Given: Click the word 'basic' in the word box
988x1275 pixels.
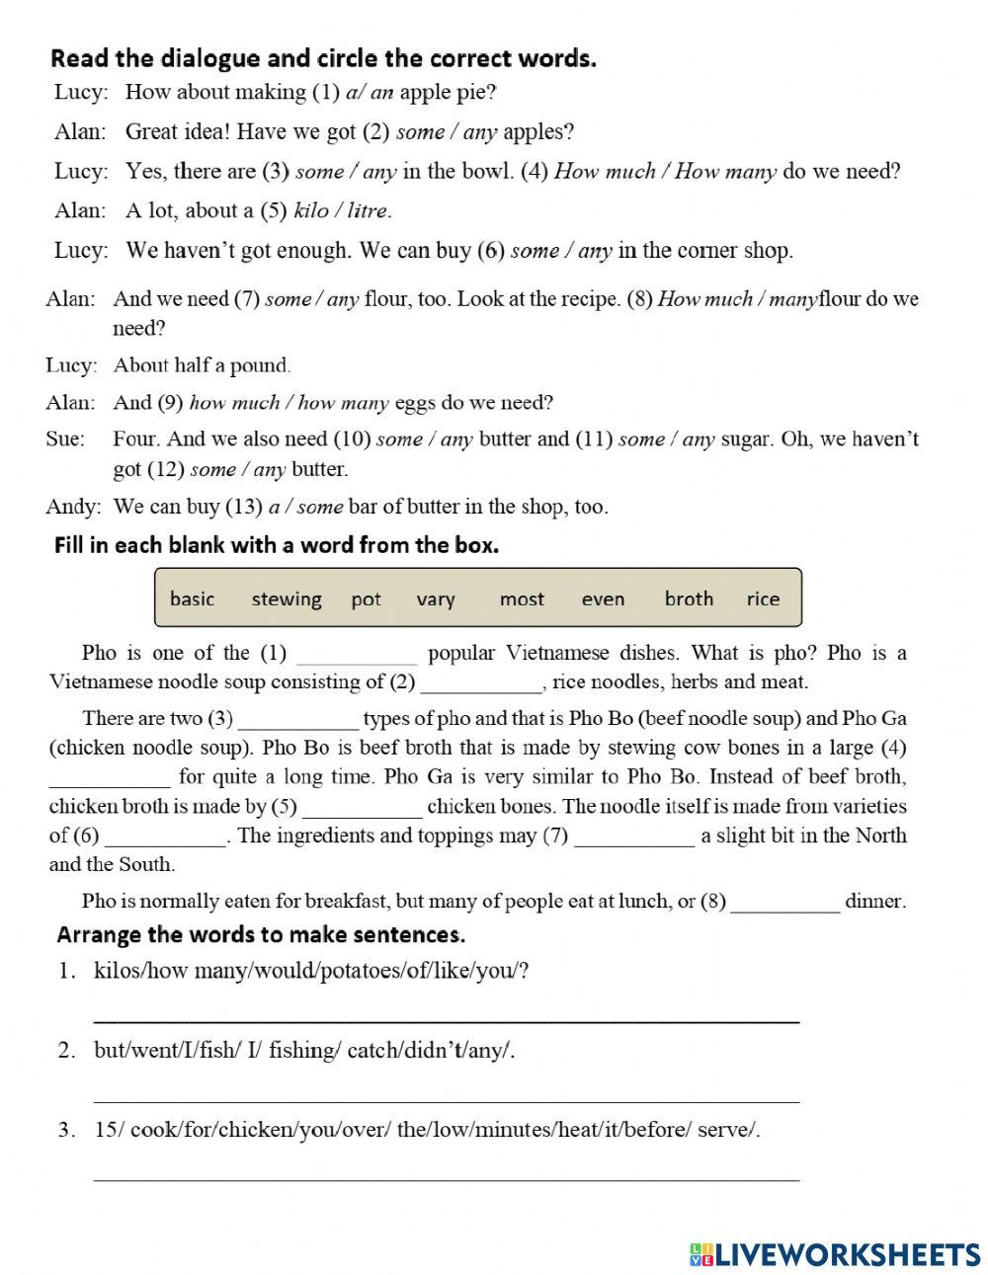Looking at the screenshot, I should tap(192, 598).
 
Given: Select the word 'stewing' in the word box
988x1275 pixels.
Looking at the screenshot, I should tap(287, 598).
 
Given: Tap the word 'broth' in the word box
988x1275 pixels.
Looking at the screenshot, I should tap(689, 598).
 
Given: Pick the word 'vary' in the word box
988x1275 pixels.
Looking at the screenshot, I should tap(436, 598).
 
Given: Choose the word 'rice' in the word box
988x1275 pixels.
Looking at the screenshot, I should tap(763, 598).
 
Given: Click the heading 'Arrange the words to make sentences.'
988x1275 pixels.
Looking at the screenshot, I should tap(261, 933).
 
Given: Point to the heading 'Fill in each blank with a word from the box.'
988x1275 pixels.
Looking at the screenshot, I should tap(277, 544).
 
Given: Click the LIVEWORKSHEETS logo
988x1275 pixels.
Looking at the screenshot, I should tap(835, 1253).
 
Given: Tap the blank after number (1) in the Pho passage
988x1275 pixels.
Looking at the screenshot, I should tap(357, 655).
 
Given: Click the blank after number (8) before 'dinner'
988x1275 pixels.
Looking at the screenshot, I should tap(785, 903).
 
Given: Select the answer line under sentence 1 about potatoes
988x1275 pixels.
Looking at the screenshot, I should tap(446, 1017).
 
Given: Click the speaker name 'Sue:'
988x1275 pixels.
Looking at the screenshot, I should tap(65, 438).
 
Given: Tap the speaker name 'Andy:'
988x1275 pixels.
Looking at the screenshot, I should tap(73, 507).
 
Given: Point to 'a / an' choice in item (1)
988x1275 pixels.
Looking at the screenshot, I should tap(370, 92).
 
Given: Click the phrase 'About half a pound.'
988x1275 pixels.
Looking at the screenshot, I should tap(203, 365).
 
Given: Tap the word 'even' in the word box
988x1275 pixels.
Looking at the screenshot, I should tap(603, 598).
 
